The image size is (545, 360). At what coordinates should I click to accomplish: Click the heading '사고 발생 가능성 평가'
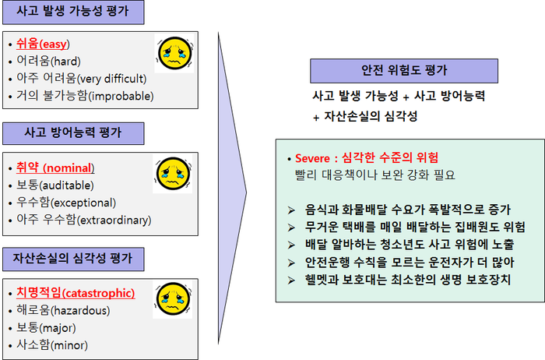(73, 12)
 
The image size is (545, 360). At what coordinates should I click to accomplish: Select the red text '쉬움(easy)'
(43, 44)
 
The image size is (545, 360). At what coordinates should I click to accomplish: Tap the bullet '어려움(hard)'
(48, 62)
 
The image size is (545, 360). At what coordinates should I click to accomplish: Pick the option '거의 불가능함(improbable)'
(85, 96)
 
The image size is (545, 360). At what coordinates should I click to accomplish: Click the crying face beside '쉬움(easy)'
(174, 53)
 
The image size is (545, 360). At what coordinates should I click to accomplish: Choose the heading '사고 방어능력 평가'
(73, 133)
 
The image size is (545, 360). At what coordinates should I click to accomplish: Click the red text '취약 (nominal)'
(55, 168)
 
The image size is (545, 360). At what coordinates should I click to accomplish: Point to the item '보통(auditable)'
(55, 185)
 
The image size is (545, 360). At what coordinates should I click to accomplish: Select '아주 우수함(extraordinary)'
(84, 220)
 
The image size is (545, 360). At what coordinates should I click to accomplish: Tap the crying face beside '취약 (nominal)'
(173, 174)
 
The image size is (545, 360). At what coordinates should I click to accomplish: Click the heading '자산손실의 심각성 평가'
(73, 259)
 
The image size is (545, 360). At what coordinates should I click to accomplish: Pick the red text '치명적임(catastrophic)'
(76, 293)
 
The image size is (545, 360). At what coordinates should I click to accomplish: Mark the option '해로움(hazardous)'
(63, 310)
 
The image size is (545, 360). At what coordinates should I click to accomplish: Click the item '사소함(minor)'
(52, 345)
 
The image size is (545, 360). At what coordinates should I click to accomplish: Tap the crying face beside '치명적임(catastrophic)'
(173, 298)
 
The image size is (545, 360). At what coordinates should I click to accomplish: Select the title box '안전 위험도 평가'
(404, 71)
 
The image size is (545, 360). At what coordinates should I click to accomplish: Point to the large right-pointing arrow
(232, 188)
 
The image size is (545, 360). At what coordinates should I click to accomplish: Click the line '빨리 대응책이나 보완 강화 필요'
(375, 175)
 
